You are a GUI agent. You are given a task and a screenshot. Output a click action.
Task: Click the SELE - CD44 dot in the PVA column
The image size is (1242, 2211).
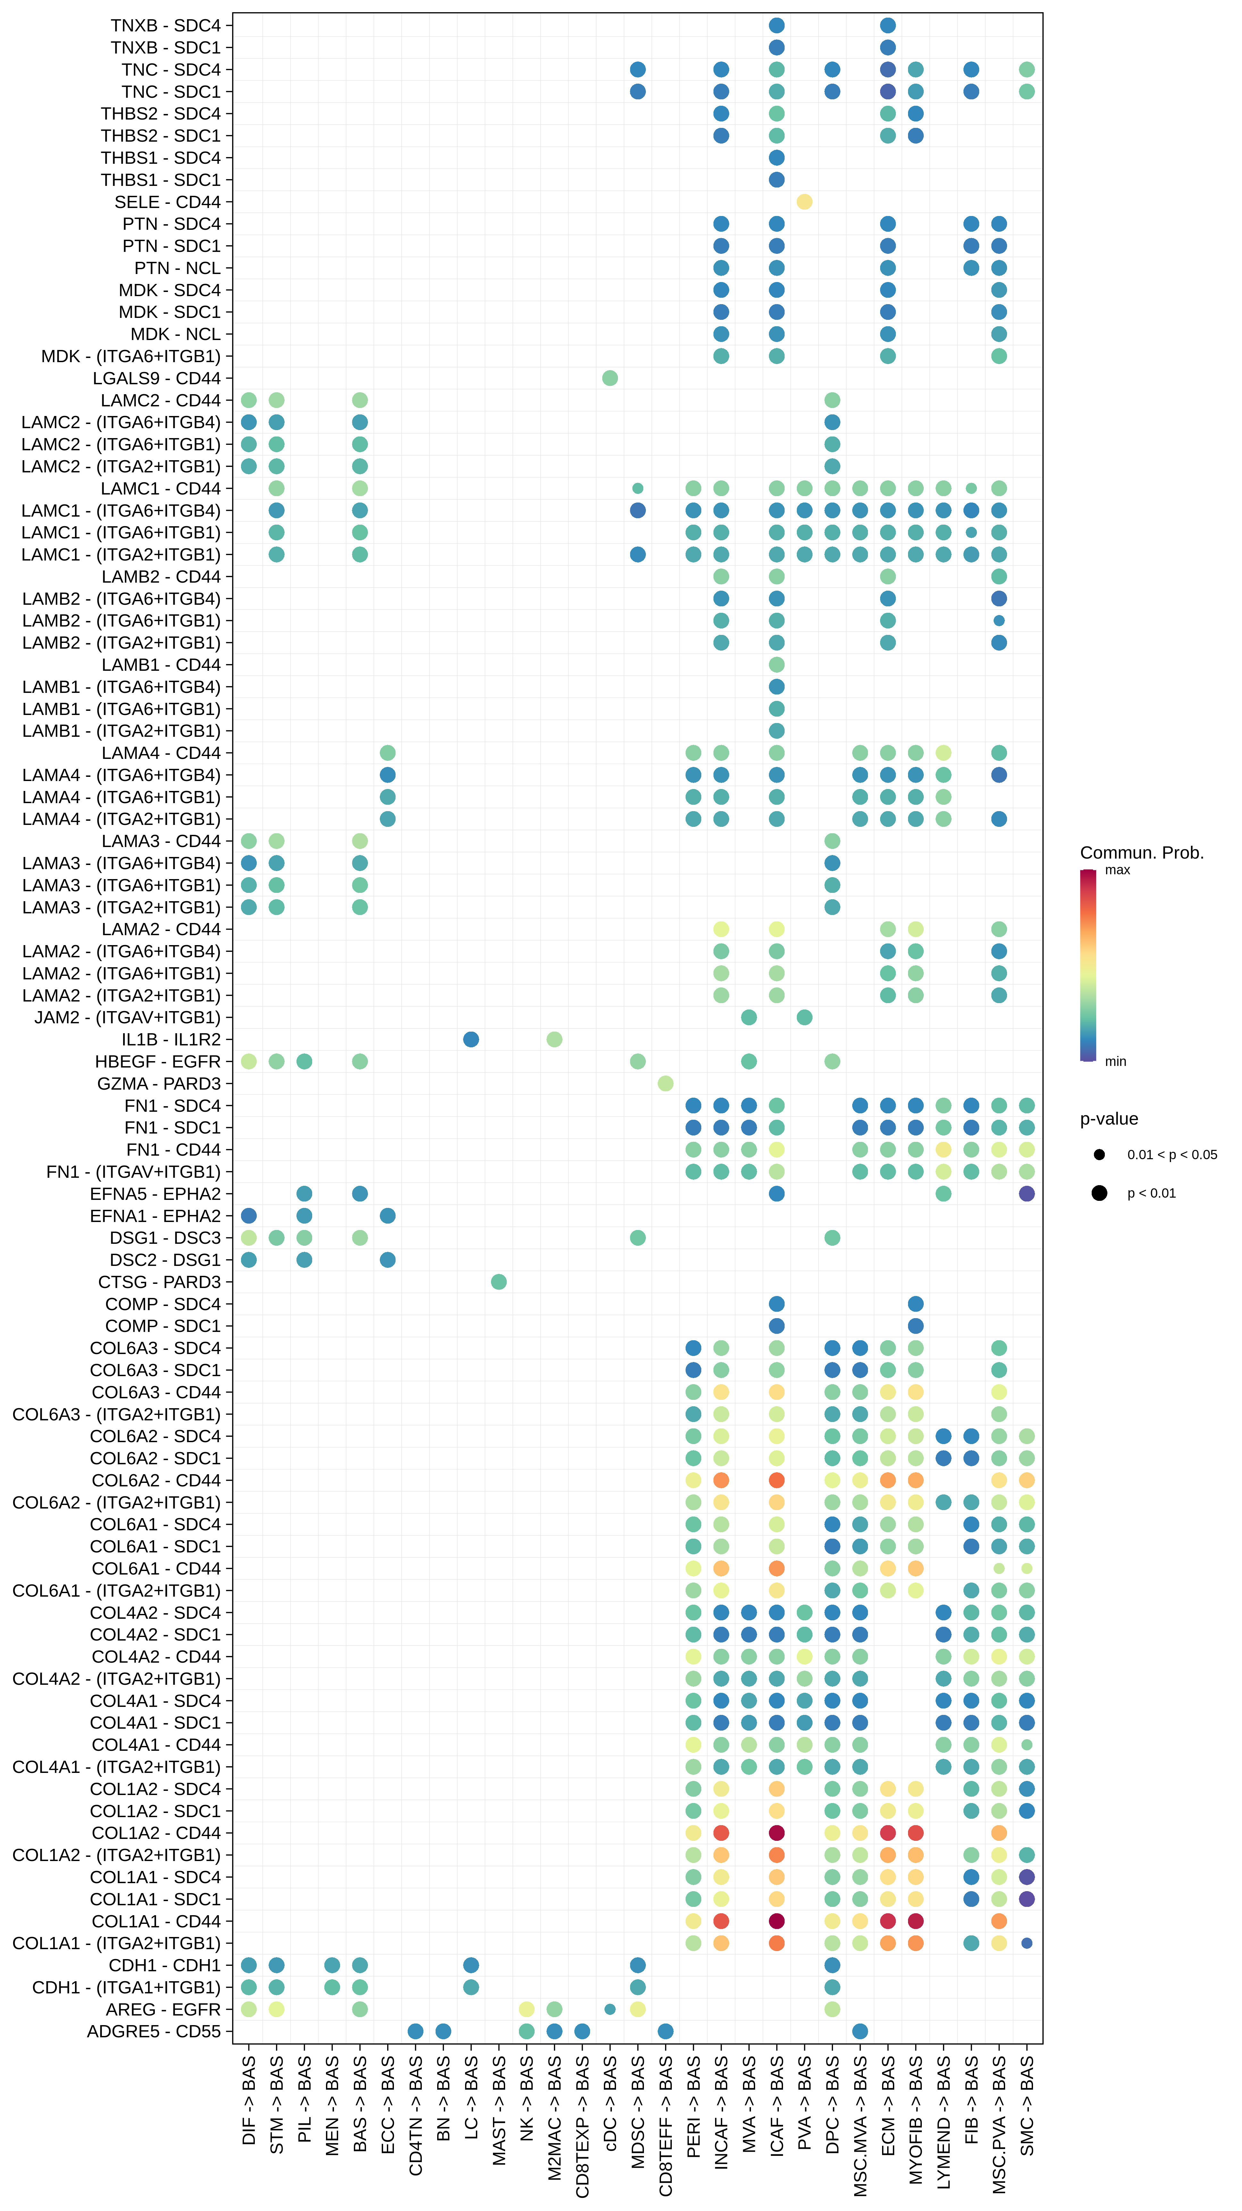(804, 202)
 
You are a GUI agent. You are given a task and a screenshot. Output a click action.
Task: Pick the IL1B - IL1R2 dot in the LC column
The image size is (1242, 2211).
(471, 1039)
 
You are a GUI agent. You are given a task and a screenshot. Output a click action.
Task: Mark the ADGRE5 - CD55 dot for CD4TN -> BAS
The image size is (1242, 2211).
(415, 2032)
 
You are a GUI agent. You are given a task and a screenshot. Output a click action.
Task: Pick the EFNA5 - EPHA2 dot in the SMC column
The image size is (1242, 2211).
(1027, 1194)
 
